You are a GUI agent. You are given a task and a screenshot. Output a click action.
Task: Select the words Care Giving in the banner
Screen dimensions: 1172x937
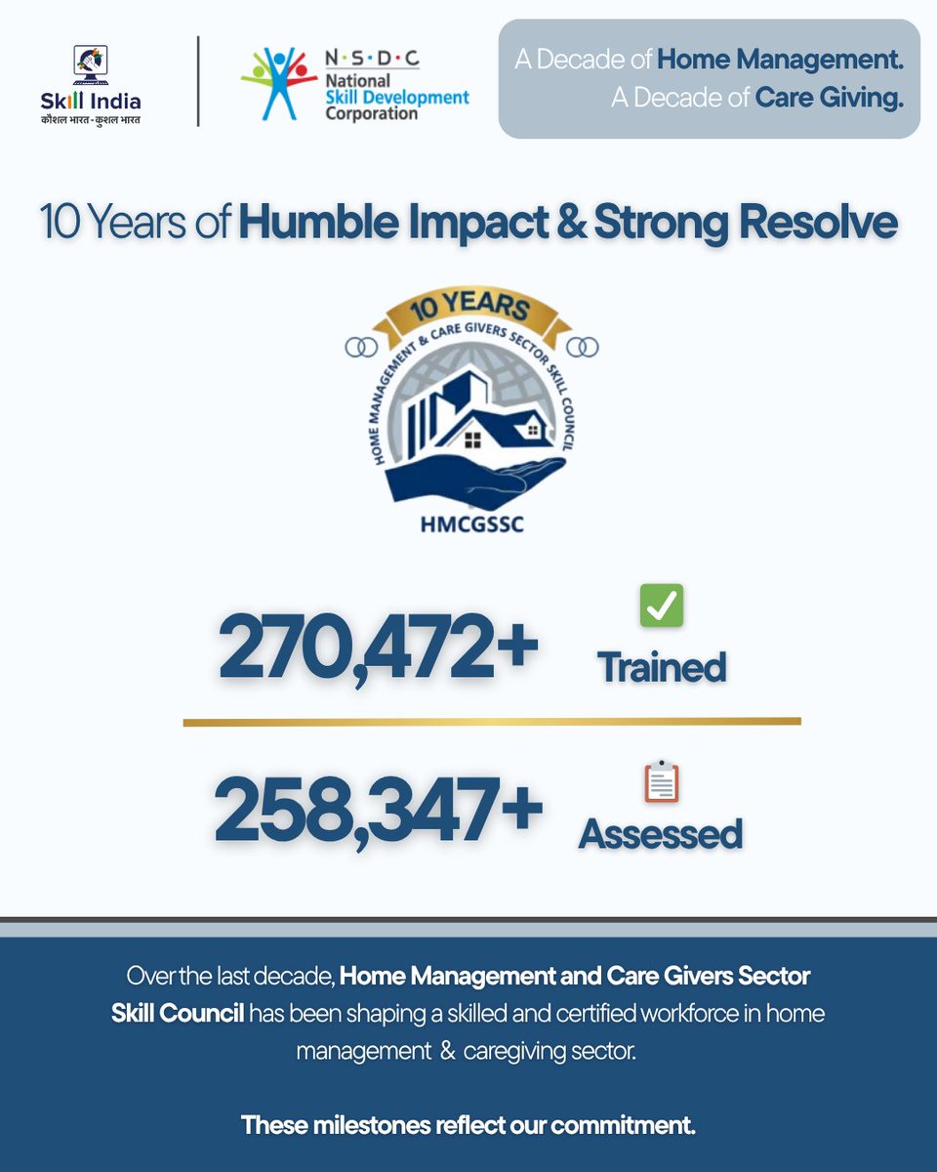point(829,99)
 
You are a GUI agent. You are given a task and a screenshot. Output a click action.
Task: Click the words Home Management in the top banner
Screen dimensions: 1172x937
point(780,60)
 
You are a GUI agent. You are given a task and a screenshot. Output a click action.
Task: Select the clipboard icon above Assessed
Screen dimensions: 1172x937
point(662,781)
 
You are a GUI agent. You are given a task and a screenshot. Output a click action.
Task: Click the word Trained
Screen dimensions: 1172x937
point(662,667)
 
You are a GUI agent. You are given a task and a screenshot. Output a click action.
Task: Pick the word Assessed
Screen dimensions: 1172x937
point(661,834)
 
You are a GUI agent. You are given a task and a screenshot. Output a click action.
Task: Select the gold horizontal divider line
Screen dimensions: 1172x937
point(492,722)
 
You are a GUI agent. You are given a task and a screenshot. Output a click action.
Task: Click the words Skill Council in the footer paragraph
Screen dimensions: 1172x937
point(177,1013)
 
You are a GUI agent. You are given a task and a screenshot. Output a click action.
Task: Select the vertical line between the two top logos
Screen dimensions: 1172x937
point(199,81)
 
